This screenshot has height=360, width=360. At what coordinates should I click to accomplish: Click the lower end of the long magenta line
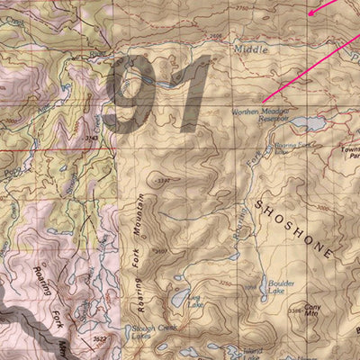[x=264, y=99]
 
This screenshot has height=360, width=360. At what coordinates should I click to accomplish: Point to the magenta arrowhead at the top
[x=311, y=13]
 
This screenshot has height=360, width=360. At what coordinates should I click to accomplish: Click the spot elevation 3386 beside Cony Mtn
[x=294, y=311]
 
